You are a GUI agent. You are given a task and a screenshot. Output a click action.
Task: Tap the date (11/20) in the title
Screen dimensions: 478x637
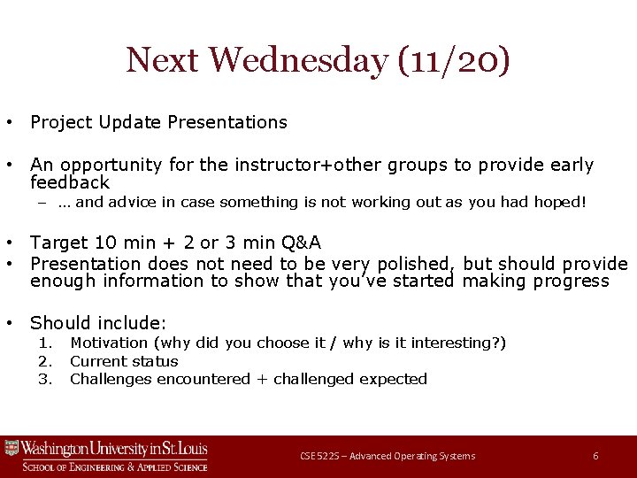click(453, 60)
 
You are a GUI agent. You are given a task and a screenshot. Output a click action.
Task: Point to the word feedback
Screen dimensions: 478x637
click(70, 182)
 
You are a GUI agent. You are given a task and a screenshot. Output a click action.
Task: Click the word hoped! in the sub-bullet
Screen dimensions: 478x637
click(559, 202)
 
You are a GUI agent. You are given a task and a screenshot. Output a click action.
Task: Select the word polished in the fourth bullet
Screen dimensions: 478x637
click(415, 264)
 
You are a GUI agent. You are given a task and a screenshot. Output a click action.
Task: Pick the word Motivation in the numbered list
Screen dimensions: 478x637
click(109, 343)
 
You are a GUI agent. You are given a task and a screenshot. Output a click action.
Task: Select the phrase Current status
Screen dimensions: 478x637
click(124, 361)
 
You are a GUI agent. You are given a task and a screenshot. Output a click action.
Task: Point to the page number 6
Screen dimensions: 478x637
click(595, 456)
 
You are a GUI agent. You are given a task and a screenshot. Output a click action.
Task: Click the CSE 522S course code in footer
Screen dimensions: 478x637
click(321, 456)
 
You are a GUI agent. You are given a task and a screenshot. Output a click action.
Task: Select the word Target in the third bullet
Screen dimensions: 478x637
click(58, 243)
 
